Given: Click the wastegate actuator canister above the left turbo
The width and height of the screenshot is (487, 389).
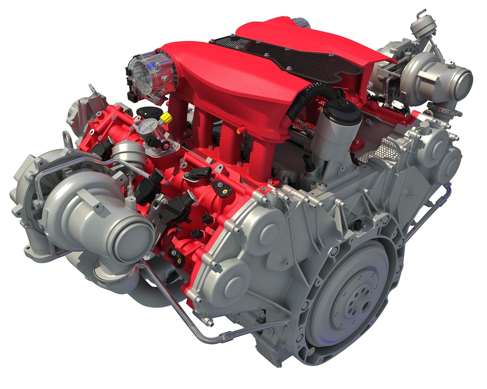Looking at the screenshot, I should (x=123, y=151).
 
